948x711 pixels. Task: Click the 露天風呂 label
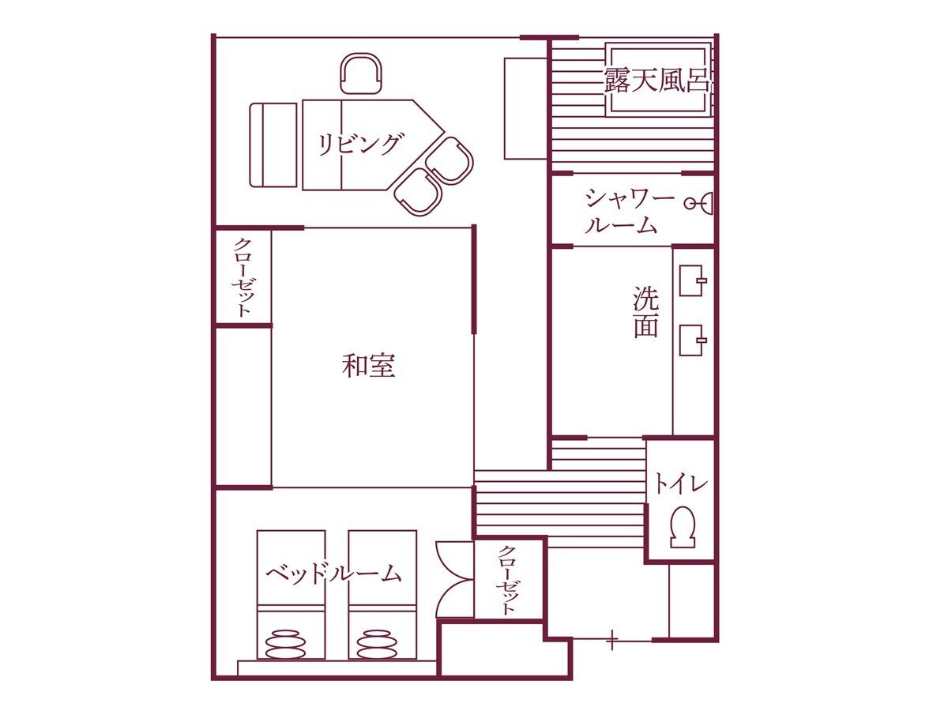[656, 81]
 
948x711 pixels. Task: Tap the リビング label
[359, 145]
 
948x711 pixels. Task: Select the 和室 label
[368, 366]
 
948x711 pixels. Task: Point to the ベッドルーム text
[333, 574]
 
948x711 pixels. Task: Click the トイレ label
[680, 484]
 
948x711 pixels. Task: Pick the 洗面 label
[646, 312]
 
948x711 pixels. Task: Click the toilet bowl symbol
[683, 526]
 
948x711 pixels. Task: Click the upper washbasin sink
[692, 280]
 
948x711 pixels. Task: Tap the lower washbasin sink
[692, 340]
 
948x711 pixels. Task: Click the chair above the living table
[361, 73]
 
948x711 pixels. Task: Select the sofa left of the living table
[274, 145]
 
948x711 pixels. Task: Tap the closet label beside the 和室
[243, 277]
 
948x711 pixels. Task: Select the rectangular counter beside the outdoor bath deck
[526, 108]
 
